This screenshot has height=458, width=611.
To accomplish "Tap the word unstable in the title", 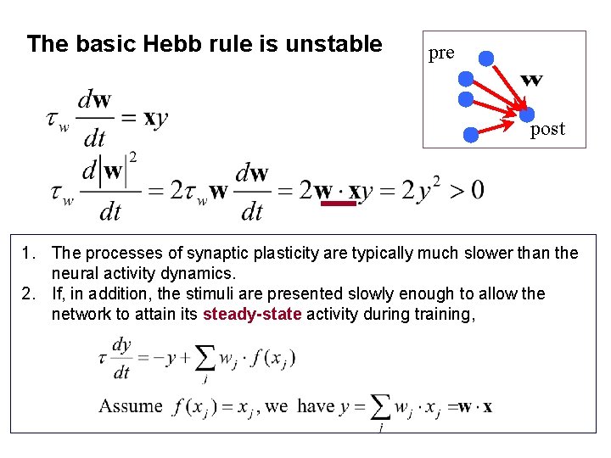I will click(338, 44).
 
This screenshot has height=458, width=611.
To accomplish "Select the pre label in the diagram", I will click(441, 53).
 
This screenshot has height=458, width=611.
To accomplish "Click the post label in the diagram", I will click(547, 130).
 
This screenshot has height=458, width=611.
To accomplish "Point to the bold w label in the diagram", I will click(532, 81).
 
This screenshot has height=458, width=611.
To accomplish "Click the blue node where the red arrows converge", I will click(527, 114).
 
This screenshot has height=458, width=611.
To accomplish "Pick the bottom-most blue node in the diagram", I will click(472, 133).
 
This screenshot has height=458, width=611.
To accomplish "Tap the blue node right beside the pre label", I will click(485, 58).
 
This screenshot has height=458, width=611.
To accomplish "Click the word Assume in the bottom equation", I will click(130, 405).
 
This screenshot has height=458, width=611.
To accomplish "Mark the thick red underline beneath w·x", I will click(339, 203).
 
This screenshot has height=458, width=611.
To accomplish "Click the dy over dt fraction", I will click(121, 359).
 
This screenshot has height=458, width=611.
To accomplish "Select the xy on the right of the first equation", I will click(156, 119).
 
